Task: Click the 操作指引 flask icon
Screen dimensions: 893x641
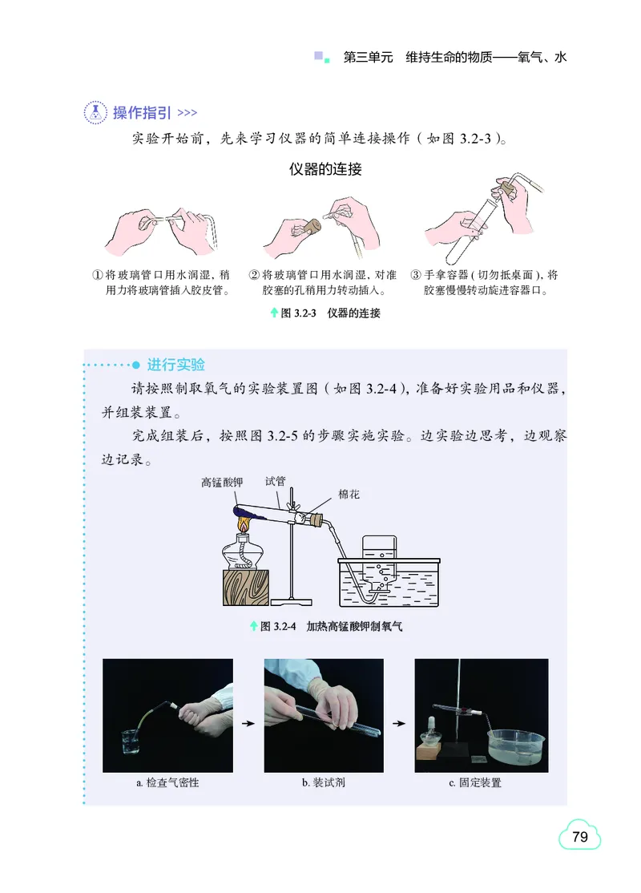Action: pos(95,112)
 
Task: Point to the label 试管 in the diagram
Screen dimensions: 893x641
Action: pos(276,482)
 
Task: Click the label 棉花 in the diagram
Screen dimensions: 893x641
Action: pos(349,495)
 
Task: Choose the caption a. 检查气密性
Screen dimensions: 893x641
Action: pos(167,782)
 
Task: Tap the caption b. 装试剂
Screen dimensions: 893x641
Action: pos(324,782)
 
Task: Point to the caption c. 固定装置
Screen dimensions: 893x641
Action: pos(475,782)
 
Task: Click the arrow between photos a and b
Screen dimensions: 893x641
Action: pos(248,724)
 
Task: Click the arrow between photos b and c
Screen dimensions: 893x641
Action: pos(399,724)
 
